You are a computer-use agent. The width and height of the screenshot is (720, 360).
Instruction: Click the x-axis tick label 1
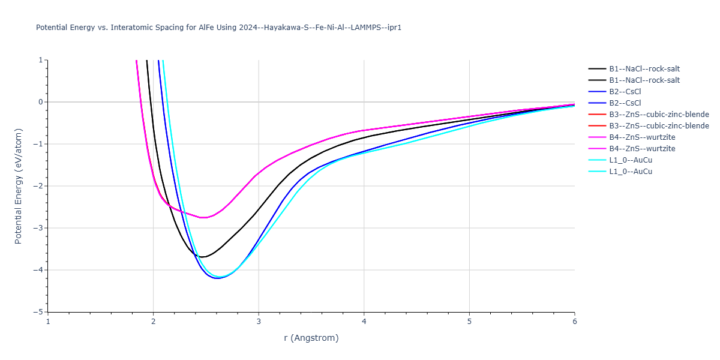coord(48,321)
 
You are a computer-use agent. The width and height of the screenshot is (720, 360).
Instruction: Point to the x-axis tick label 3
coord(259,321)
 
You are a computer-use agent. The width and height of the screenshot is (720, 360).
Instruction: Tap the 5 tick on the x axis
coord(469,321)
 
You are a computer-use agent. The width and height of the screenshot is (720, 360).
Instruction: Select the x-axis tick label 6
coord(574,321)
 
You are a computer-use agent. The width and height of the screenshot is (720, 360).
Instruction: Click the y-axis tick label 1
coord(41,60)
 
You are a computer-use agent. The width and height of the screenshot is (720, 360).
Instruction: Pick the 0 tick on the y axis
coord(41,102)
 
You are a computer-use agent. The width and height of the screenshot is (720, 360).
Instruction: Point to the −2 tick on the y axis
coord(39,186)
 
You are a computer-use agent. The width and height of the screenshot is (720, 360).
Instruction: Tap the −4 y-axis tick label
coord(39,270)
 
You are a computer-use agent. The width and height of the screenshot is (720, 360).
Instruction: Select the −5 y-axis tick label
coord(39,312)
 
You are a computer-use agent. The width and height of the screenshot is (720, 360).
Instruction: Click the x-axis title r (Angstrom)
coord(311,338)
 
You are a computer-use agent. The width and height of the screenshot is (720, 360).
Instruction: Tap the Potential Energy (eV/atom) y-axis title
coord(18,186)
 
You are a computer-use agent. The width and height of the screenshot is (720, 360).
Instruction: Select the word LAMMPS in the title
coord(364,28)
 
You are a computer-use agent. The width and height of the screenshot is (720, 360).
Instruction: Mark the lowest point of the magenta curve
coord(204,217)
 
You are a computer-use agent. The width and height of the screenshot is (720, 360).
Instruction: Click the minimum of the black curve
coord(203,257)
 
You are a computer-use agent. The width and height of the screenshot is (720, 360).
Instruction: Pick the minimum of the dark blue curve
coord(217,278)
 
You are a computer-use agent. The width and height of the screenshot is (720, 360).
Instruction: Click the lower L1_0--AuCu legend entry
coord(631,172)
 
